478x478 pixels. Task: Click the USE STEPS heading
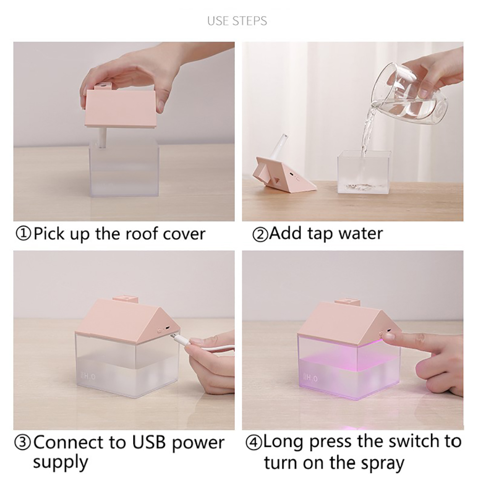tap(237, 21)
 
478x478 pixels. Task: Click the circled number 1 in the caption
tap(23, 234)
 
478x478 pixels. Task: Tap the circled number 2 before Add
tap(260, 235)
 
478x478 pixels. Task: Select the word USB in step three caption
tap(148, 443)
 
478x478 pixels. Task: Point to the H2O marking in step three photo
tap(88, 376)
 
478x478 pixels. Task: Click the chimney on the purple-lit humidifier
tap(347, 302)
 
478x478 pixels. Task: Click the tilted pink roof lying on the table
tap(283, 174)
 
